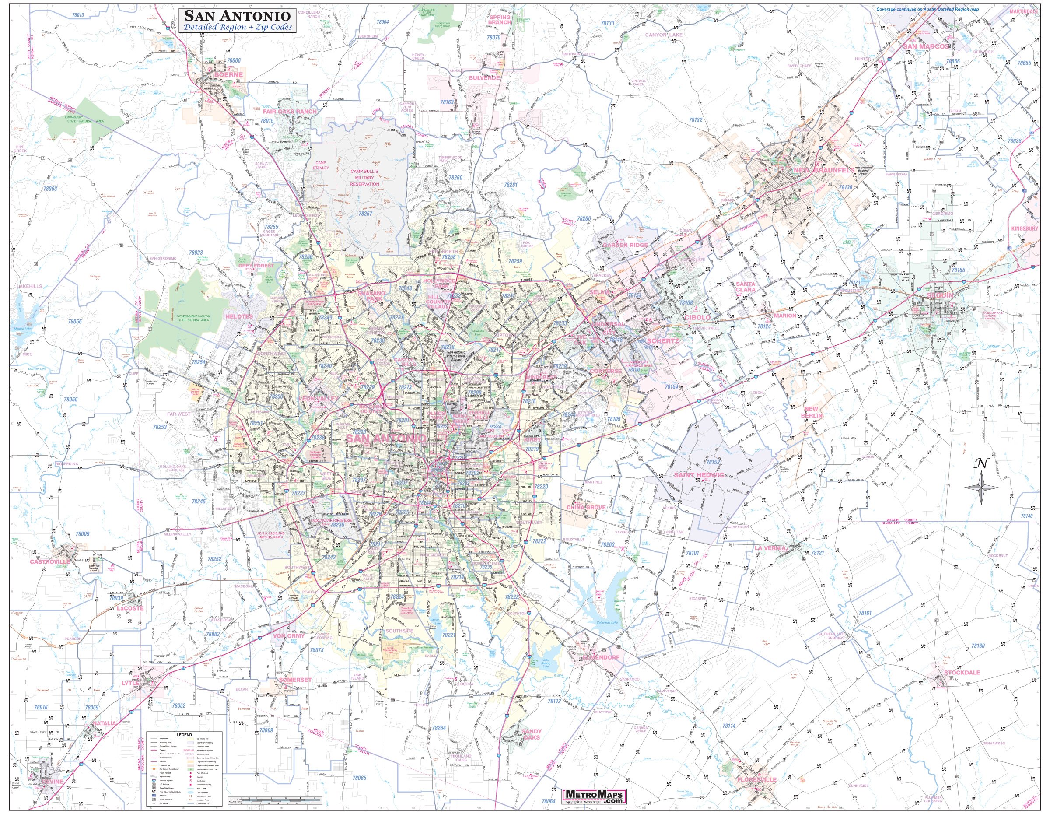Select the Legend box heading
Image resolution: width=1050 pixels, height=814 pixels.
tap(184, 735)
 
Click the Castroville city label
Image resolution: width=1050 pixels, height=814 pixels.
tap(50, 561)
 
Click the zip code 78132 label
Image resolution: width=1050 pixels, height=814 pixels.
tap(696, 133)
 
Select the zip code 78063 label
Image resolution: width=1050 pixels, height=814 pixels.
tap(49, 189)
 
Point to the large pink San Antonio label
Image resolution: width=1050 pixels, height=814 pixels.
tap(386, 439)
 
